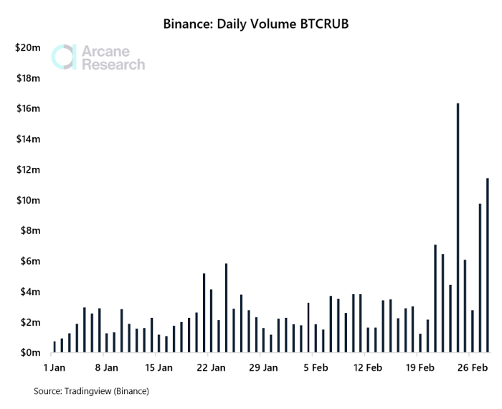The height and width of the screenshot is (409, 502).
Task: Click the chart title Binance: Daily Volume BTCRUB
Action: (256, 25)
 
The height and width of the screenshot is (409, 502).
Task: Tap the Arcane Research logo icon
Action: (63, 57)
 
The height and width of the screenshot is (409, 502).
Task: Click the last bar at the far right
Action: (488, 265)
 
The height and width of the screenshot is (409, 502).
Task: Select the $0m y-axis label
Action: (29, 353)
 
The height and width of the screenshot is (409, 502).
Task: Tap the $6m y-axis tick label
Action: (29, 261)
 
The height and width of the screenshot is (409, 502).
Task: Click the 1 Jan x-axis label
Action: (55, 369)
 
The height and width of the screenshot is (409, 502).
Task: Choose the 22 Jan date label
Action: (211, 369)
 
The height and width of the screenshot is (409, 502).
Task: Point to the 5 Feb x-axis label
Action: (316, 369)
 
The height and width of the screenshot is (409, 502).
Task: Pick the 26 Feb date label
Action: (472, 369)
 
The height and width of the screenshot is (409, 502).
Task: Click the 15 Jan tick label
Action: (158, 369)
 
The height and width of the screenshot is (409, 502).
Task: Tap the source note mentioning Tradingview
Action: (91, 391)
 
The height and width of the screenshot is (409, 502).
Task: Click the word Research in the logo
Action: (113, 65)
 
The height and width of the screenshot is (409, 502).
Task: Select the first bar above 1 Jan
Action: (55, 347)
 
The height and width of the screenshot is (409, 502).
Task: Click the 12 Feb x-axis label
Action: (368, 369)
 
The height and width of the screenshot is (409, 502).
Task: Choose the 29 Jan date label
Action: (263, 369)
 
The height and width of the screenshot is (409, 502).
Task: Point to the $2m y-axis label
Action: (29, 322)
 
